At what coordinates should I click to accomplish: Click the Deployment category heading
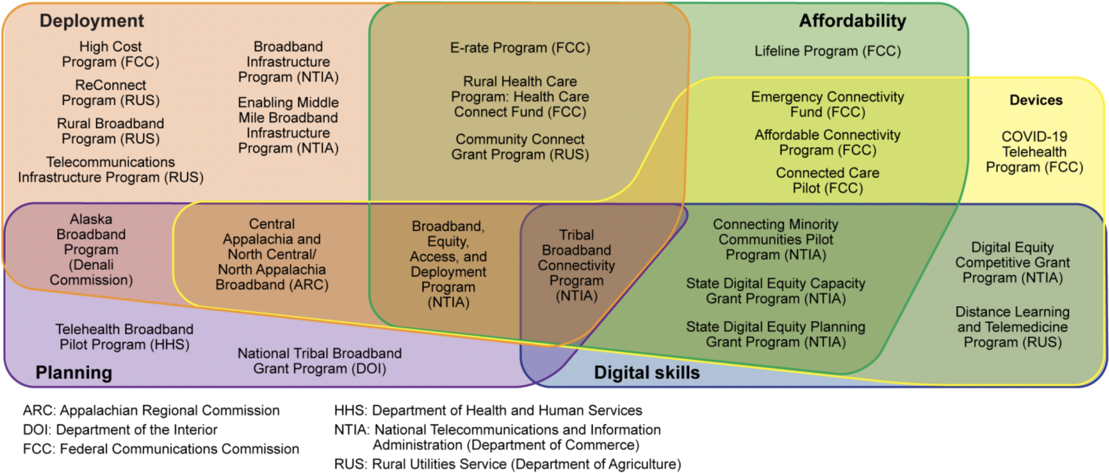pos(91,21)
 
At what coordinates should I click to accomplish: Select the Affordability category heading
pos(852,21)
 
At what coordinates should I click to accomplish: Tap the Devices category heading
pos(1035,100)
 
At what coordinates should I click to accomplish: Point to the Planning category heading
pos(74,372)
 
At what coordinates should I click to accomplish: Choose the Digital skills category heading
pos(646,372)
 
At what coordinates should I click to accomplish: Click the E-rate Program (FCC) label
pos(520,48)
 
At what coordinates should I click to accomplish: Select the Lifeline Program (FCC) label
pos(827,51)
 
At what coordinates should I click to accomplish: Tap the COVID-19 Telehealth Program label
pos(1034,152)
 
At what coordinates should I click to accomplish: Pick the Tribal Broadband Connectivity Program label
pos(576,265)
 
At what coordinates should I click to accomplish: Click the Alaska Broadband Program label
pos(91,249)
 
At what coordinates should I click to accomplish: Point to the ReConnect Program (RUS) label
pos(111,93)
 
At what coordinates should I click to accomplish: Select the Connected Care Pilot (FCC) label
pos(827,180)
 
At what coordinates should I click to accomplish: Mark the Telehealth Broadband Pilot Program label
pos(124,337)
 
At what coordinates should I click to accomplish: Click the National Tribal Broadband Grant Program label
pos(319,361)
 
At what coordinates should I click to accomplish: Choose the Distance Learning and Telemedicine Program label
pos(1012,327)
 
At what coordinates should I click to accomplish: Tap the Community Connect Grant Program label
pos(520,147)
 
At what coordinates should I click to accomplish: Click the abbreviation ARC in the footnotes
pos(39,411)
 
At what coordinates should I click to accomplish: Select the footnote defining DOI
pos(120,430)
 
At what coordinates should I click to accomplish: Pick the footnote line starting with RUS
pos(507,464)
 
